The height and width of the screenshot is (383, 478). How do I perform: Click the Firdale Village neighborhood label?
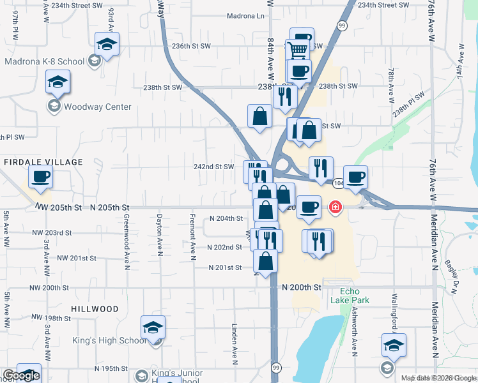[43, 162]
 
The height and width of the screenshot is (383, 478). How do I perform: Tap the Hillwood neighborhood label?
[95, 308]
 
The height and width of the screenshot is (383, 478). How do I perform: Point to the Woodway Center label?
[98, 107]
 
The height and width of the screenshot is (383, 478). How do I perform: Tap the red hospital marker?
[334, 207]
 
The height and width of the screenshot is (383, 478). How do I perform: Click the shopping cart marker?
[297, 50]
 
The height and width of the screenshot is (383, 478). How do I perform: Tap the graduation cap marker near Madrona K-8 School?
[107, 44]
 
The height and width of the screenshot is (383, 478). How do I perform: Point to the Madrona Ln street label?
[245, 16]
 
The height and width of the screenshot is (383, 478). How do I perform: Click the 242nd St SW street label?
[214, 166]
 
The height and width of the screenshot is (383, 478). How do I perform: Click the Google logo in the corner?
[21, 376]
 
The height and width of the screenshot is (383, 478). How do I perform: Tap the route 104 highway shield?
[338, 184]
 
